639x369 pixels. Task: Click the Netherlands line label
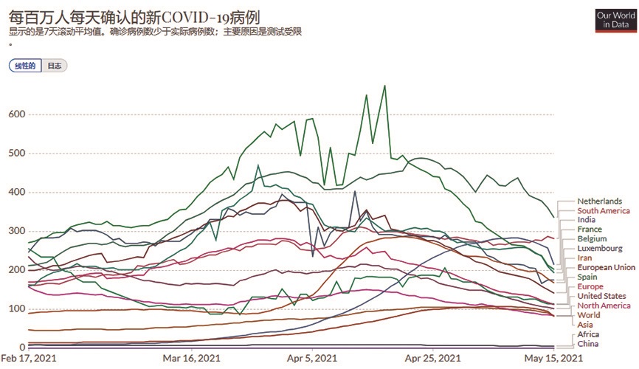[x=599, y=201]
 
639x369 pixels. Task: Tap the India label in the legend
[x=587, y=220]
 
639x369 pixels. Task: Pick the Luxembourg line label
[x=600, y=249]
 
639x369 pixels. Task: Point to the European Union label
[x=606, y=267]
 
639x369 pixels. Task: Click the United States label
[x=601, y=296]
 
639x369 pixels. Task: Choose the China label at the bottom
[x=588, y=344]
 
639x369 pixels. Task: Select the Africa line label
[x=589, y=334]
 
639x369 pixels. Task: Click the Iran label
[x=584, y=258]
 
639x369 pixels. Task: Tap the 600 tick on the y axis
[x=15, y=114]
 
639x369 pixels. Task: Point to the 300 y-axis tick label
[x=15, y=231]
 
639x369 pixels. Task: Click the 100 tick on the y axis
[x=15, y=308]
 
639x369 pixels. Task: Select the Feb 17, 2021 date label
[x=27, y=359]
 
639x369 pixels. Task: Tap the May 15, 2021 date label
[x=553, y=359]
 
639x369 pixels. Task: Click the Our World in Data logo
[x=615, y=20]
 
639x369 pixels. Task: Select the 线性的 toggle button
[x=24, y=66]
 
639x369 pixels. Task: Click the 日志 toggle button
[x=54, y=66]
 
